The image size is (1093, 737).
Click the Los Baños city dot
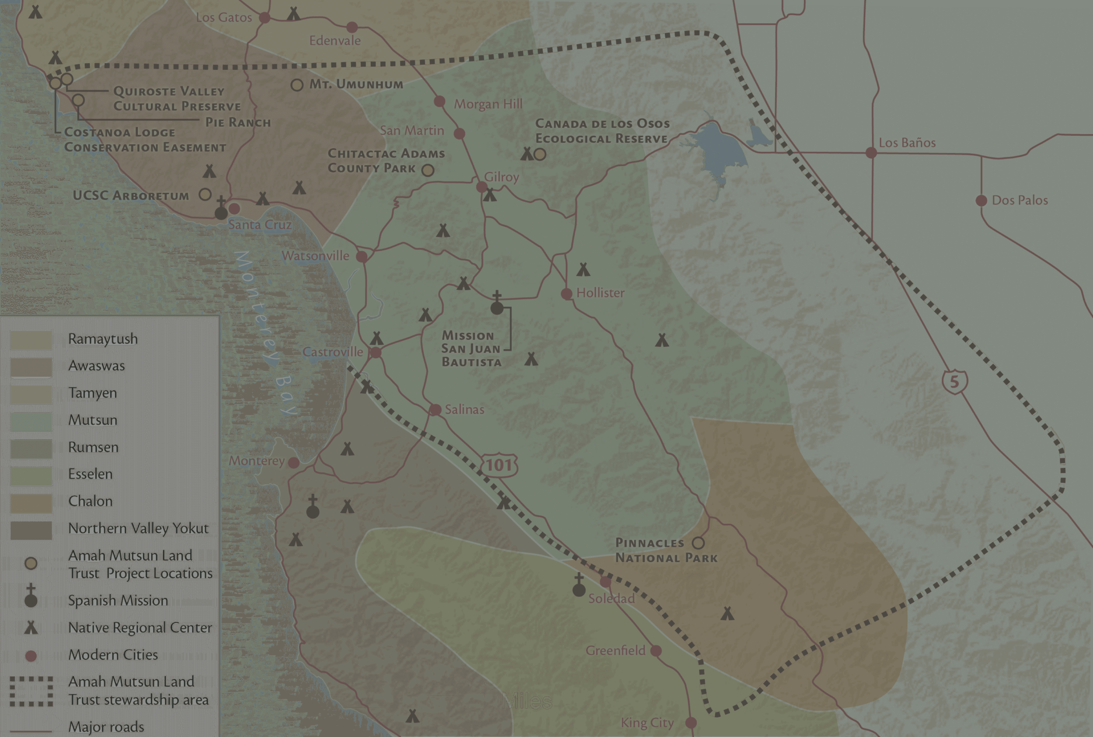(871, 153)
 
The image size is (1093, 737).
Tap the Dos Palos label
(1019, 200)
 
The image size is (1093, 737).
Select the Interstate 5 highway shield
(954, 381)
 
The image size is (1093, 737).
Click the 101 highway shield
(499, 465)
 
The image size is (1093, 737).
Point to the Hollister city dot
(567, 294)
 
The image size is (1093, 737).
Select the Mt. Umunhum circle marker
(297, 85)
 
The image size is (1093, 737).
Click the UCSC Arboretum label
(131, 196)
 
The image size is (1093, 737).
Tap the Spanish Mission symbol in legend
(31, 596)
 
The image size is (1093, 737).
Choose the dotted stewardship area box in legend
(31, 692)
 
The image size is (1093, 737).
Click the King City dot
(691, 722)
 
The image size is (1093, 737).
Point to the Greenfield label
(615, 650)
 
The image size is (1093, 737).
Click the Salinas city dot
(435, 409)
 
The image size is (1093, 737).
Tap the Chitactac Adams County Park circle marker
(428, 170)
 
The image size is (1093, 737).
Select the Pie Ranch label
(238, 122)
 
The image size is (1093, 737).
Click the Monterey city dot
(293, 463)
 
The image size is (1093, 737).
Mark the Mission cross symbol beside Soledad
(579, 586)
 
